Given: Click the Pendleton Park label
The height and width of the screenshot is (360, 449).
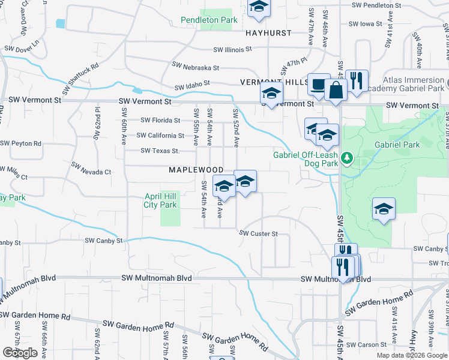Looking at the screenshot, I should (209, 20).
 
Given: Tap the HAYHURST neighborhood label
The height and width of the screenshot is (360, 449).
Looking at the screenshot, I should (268, 34).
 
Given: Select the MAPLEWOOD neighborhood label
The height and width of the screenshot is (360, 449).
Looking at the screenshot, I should (196, 170).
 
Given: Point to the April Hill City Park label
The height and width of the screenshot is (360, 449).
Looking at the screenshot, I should (160, 200).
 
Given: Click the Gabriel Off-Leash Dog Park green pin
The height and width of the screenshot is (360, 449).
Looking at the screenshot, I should (346, 158).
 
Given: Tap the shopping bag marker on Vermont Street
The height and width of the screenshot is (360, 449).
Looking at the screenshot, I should (336, 91).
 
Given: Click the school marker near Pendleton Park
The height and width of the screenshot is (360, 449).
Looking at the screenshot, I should (259, 8).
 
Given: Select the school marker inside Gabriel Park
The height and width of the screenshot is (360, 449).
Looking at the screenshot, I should (384, 209).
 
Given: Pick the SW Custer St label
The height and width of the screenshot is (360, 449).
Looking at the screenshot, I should (259, 233).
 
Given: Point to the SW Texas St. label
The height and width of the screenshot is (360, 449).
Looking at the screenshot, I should (159, 151).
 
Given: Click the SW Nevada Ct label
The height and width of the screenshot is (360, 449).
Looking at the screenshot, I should (91, 168).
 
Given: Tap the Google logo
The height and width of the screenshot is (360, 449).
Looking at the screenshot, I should (20, 352).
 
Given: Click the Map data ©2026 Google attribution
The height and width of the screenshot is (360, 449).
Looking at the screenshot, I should (412, 355).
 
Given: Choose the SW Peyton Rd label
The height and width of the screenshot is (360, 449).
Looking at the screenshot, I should (21, 144).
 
